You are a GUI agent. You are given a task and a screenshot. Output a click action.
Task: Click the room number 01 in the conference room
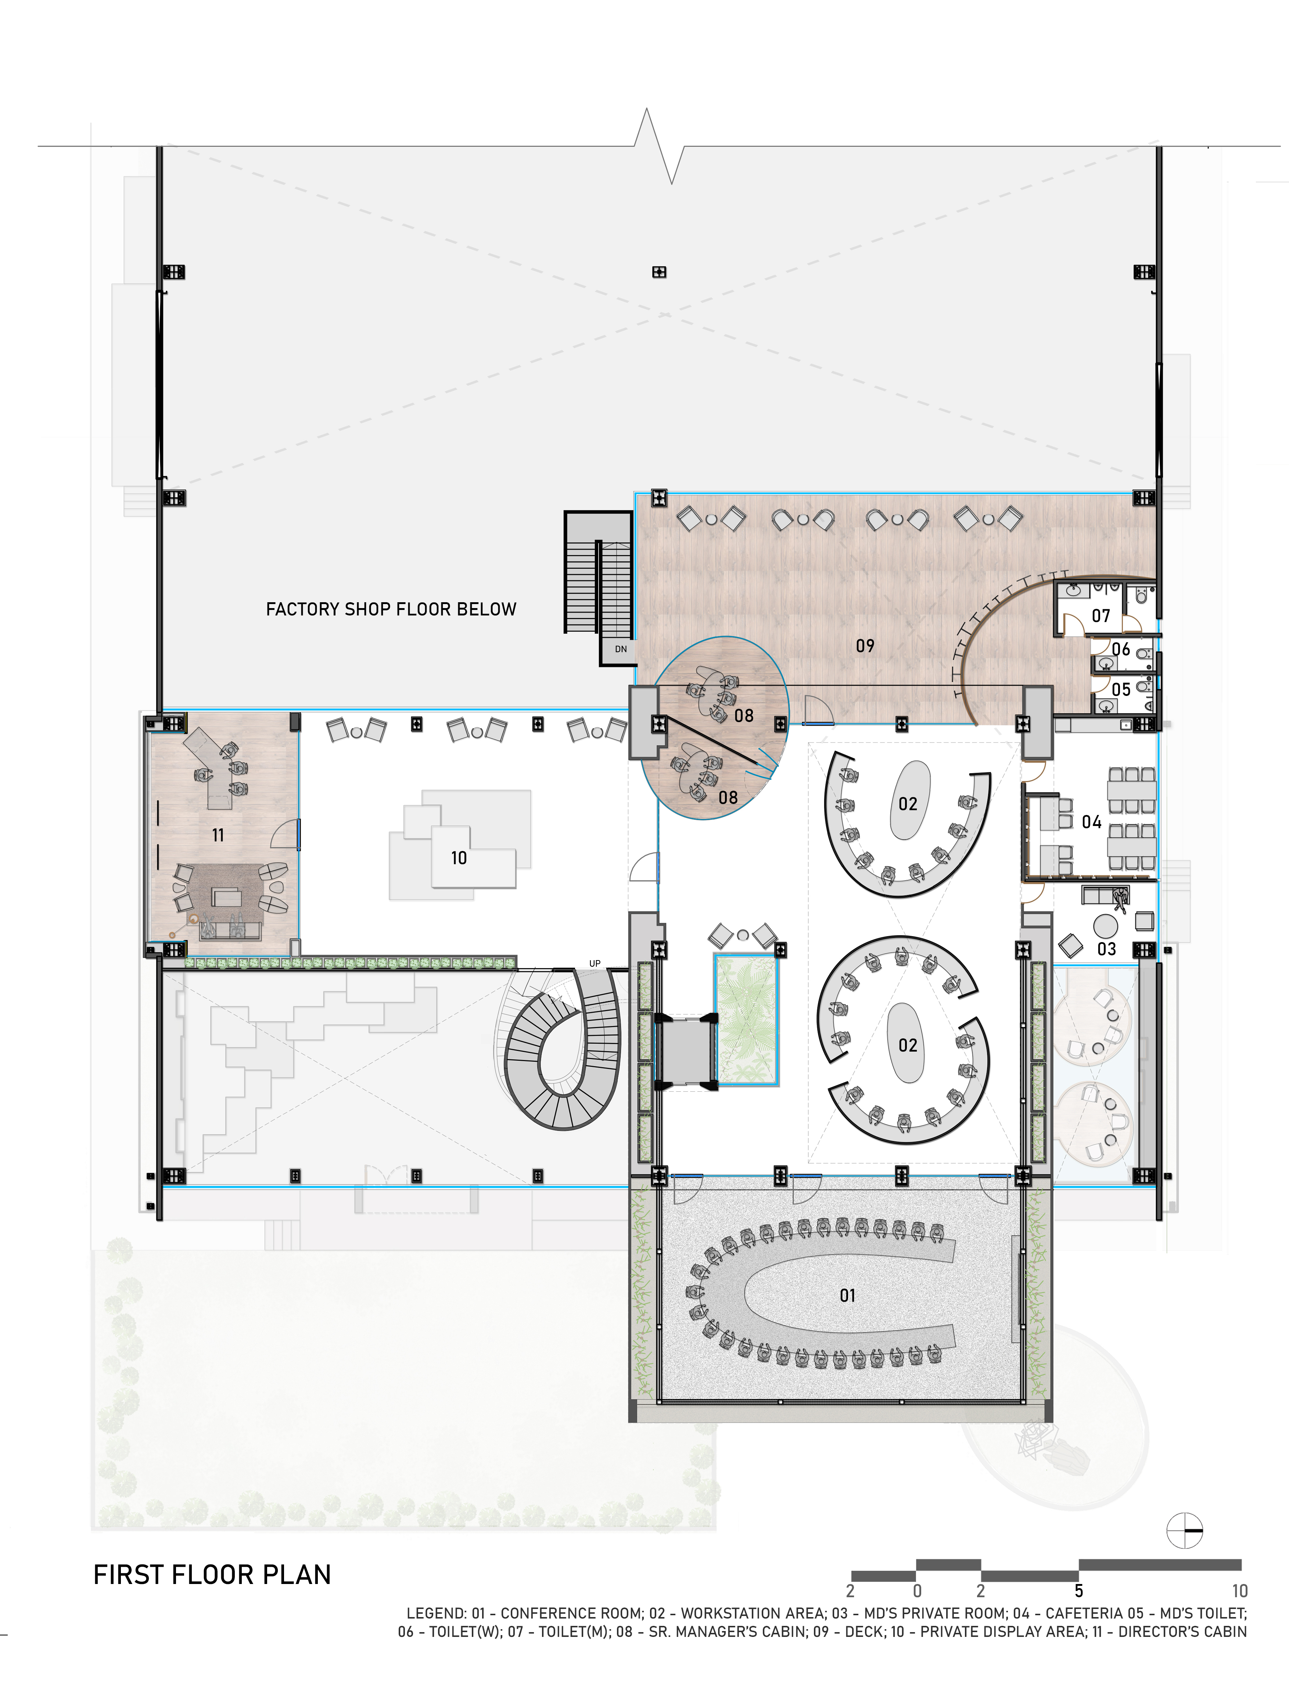847,1296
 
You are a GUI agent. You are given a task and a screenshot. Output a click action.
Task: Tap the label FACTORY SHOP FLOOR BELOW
391,609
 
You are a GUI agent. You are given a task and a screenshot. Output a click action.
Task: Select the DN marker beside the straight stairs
621,649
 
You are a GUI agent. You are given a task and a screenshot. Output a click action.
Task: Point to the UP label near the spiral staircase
595,964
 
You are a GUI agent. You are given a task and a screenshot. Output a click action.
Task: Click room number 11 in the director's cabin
218,835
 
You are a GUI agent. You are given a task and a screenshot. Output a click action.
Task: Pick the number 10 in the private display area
459,858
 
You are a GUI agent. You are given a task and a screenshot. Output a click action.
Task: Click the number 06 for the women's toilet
1121,649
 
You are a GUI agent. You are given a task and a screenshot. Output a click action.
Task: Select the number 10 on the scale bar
1239,1591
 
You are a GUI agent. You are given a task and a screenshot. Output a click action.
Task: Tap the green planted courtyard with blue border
747,1019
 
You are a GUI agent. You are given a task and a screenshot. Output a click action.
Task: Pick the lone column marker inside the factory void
658,272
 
